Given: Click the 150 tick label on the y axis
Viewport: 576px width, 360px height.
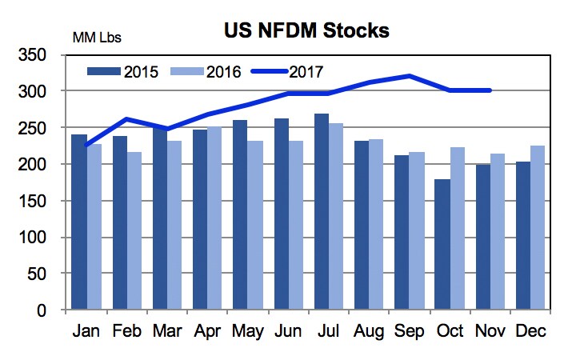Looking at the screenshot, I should pos(37,202).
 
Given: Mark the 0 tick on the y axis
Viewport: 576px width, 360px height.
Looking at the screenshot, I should pos(46,310).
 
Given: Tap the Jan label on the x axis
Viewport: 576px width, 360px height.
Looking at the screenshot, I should pos(86,330).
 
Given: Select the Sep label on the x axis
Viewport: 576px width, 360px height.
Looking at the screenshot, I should pos(410,330).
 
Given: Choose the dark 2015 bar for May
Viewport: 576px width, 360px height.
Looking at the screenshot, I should pos(239,215).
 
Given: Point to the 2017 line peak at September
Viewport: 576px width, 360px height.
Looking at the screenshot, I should pos(409,76).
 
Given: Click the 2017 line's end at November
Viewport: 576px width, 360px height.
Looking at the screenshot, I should pos(490,90).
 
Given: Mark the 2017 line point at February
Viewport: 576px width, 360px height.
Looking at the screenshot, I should pos(126,119).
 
